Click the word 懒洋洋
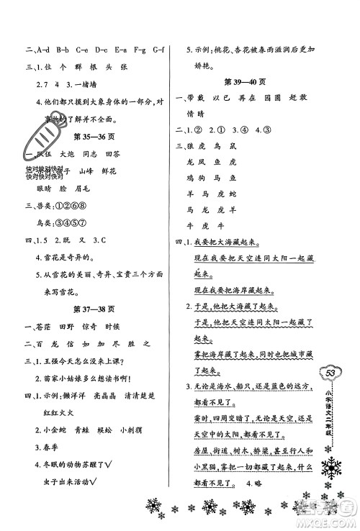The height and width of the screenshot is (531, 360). pos(85,396)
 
